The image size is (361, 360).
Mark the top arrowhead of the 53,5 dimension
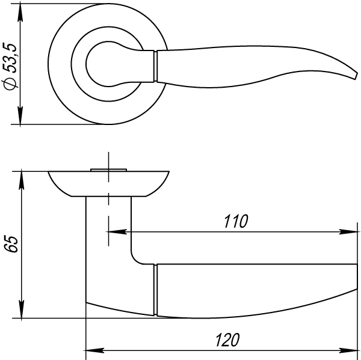tap(22, 8)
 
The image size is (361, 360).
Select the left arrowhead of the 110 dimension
tap(114, 231)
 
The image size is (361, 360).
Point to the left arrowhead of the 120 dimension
tap(93, 349)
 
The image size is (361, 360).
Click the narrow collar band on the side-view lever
tap(156, 290)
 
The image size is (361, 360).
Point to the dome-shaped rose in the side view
tap(108, 184)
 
